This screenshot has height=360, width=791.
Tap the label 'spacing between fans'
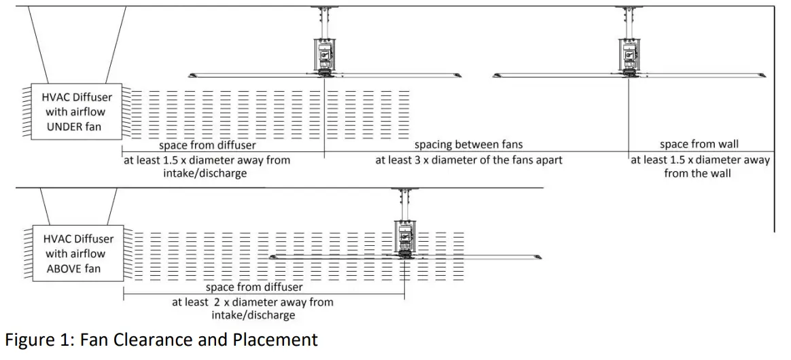click(469, 145)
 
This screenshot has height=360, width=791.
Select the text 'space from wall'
click(699, 145)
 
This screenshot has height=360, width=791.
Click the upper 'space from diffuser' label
click(203, 145)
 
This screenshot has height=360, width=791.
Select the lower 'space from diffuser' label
click(254, 287)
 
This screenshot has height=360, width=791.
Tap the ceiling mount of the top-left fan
click(325, 10)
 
